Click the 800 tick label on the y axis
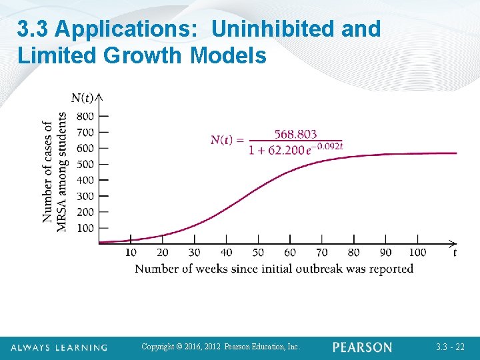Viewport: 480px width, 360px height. [x=85, y=116]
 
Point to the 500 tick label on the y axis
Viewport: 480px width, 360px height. [x=85, y=164]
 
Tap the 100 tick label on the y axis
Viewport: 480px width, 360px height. [x=85, y=228]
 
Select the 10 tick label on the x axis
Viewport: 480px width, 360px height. [x=131, y=253]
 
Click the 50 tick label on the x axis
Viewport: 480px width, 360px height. [x=258, y=253]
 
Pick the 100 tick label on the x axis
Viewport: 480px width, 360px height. [x=417, y=253]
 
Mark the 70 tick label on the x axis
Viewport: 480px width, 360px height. [x=322, y=253]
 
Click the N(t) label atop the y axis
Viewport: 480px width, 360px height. [x=83, y=99]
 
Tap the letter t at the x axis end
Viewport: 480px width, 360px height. [x=455, y=253]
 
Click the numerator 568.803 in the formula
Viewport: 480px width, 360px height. [x=295, y=135]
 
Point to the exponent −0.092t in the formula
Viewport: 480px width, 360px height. [x=328, y=146]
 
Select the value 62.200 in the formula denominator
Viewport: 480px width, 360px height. [x=285, y=150]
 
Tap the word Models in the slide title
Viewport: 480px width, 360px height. [x=228, y=55]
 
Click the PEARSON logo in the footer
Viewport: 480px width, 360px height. [x=362, y=347]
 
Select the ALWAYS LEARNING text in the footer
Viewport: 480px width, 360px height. [x=59, y=347]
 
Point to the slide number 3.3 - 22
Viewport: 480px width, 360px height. [x=451, y=347]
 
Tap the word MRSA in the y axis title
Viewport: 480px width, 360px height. [x=62, y=217]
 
